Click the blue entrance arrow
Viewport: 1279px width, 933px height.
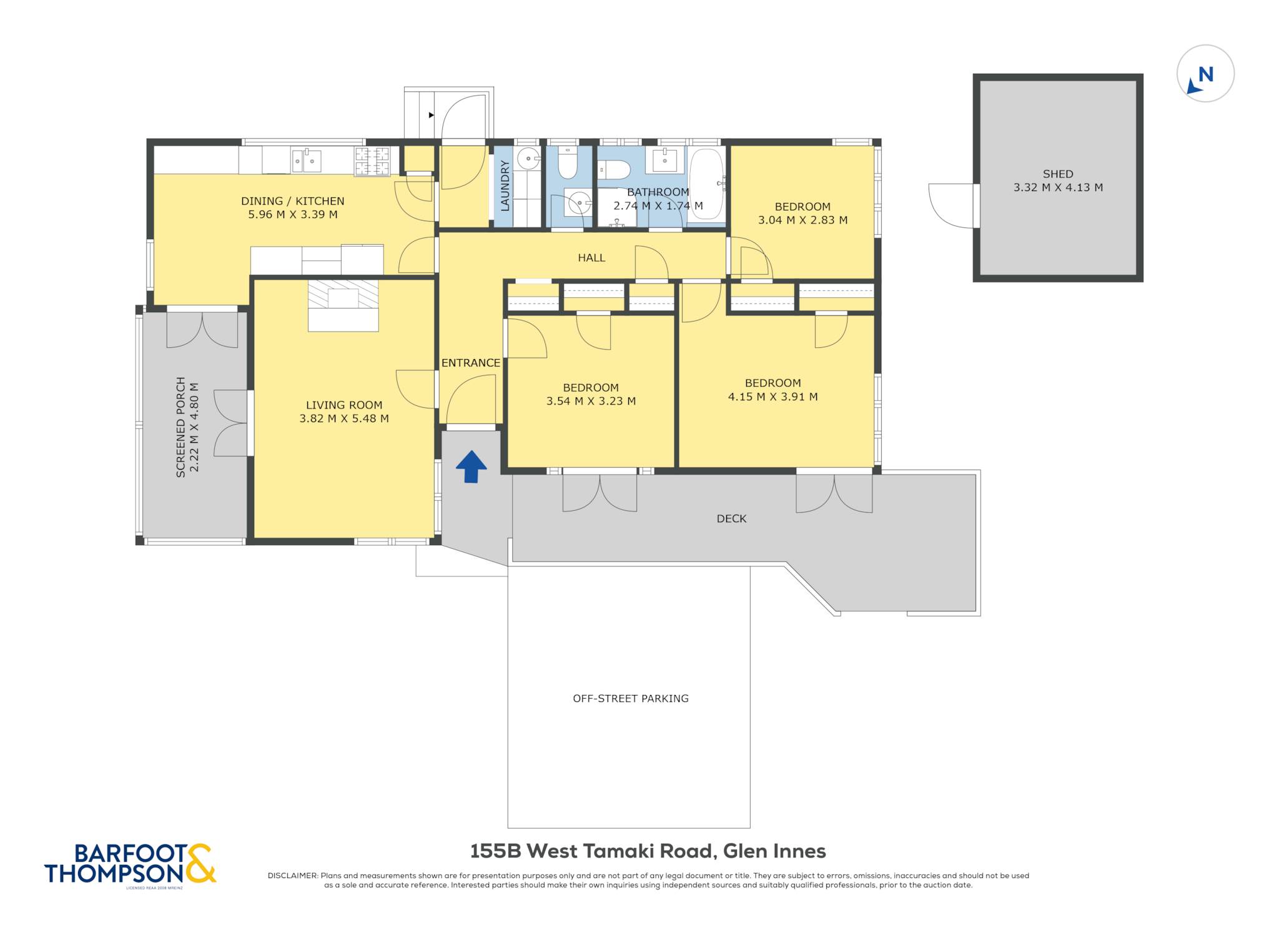click(x=472, y=466)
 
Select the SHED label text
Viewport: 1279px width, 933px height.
click(x=1058, y=174)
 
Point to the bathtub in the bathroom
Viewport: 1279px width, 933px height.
click(x=706, y=184)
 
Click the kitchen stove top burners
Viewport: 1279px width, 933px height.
click(x=372, y=161)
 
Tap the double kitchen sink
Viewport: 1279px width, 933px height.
click(x=306, y=160)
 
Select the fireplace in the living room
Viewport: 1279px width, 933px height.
click(x=343, y=305)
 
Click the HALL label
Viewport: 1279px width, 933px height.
click(x=591, y=257)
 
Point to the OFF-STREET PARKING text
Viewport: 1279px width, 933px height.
click(x=631, y=698)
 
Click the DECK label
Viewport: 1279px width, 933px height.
click(x=731, y=518)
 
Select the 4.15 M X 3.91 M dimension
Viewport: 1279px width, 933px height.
click(x=773, y=397)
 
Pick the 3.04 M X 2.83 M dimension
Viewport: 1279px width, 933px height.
click(x=802, y=220)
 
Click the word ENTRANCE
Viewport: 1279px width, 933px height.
click(x=471, y=363)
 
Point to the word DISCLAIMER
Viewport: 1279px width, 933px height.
click(x=292, y=876)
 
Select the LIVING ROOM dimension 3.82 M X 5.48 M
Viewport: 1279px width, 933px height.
click(x=344, y=418)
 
